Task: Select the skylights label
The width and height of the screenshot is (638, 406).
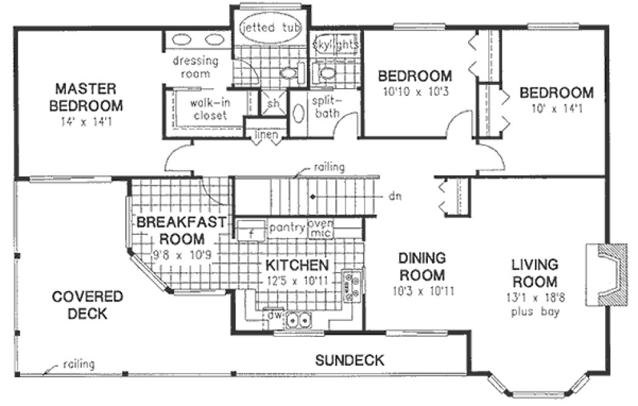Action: point(335,45)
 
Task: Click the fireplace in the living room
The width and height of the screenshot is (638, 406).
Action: point(607,274)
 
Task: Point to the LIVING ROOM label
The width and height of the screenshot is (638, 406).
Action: point(535,273)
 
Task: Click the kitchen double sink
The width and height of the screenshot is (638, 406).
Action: point(298,319)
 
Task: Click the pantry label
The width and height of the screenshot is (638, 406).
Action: point(287,227)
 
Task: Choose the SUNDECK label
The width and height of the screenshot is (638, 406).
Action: point(350,360)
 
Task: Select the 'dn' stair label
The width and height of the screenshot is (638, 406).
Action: point(394,197)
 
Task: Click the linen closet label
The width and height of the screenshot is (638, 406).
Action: point(267,134)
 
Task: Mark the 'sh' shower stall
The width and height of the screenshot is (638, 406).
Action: point(273,103)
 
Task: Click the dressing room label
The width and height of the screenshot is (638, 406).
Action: point(195,67)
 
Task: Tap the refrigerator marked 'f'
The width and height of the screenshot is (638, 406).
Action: point(251,233)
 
